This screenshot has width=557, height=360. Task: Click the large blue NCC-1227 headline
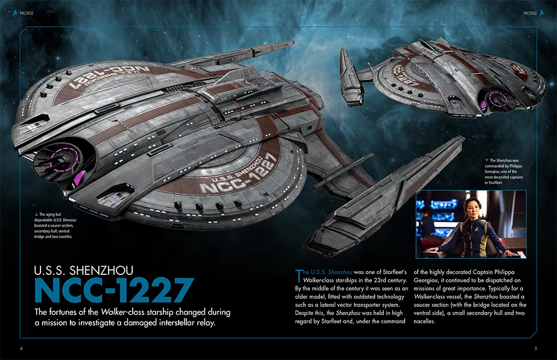coord(114,291)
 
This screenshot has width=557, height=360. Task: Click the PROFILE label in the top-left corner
coord(27,13)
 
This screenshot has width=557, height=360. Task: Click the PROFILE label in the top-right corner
coord(530,13)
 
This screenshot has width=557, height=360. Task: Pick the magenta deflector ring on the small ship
coord(499,98)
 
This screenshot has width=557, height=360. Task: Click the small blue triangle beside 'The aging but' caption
coord(35,214)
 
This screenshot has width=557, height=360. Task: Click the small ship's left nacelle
coord(347,71)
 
